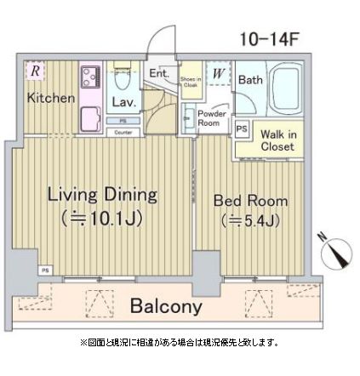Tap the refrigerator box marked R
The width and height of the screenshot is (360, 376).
[34, 71]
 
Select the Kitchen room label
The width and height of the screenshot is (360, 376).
[51, 98]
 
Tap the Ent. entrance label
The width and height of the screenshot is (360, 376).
[159, 74]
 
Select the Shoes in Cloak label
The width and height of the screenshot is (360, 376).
[189, 80]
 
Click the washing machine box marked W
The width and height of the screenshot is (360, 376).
[219, 73]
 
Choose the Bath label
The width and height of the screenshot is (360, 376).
[250, 80]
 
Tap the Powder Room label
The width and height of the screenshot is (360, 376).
[209, 117]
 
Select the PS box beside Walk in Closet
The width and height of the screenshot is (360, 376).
[242, 130]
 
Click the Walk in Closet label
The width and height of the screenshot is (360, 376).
[277, 140]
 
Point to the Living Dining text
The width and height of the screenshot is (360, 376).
[101, 194]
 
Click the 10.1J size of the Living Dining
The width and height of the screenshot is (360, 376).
[101, 219]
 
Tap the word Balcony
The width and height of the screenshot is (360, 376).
[166, 307]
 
